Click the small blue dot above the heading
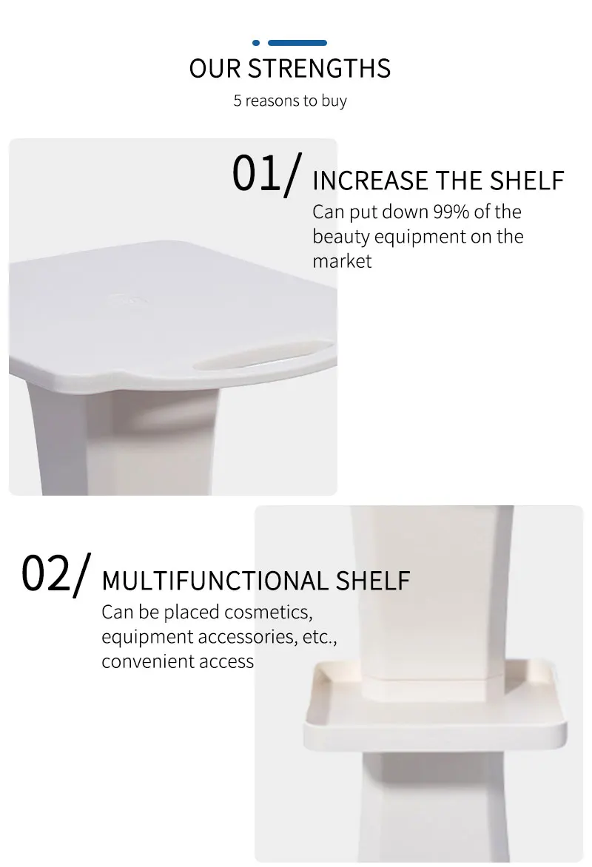point(256,43)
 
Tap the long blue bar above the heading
point(297,43)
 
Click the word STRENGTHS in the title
point(319,69)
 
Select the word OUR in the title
point(215,69)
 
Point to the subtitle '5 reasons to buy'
point(290,101)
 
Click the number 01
point(257,174)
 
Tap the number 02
point(46,573)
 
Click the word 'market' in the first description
point(342,261)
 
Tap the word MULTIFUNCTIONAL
point(215,581)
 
